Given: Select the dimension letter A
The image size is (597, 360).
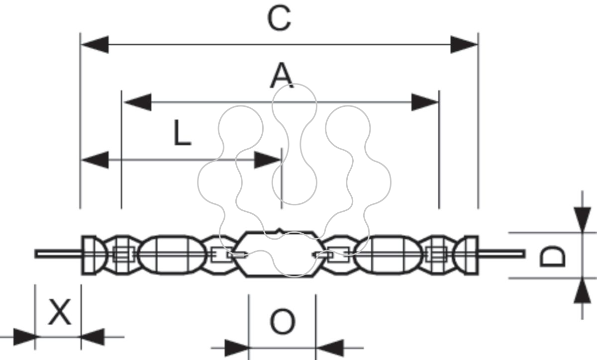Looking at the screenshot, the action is (x=282, y=75).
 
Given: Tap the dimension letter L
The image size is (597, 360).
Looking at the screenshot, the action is (x=182, y=132).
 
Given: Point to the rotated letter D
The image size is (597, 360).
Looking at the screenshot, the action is (x=552, y=256).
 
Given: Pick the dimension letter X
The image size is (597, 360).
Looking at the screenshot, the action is (x=59, y=312).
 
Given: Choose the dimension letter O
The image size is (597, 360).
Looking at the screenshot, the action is (x=283, y=321).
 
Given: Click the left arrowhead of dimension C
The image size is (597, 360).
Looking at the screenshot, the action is (x=95, y=44).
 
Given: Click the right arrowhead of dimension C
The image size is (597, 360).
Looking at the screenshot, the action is (x=464, y=44).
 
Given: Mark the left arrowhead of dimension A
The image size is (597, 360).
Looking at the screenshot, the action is (x=138, y=102).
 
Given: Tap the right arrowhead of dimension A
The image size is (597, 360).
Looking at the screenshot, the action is (x=425, y=102).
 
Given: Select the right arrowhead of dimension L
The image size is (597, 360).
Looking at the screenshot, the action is (x=267, y=160).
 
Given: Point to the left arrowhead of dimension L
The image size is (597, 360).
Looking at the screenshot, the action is (x=95, y=160).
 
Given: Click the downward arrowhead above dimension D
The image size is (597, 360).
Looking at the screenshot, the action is (x=583, y=220).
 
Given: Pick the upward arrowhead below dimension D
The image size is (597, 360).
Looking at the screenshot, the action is (x=583, y=291).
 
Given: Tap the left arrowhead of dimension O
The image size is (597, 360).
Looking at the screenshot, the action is (x=237, y=348).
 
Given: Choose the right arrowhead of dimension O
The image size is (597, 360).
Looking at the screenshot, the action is (x=330, y=348).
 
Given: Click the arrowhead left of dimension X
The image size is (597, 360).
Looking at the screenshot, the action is (x=24, y=337).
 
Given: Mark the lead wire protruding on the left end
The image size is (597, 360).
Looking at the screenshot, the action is (x=58, y=254).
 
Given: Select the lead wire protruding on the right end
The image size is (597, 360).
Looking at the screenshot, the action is (x=501, y=254).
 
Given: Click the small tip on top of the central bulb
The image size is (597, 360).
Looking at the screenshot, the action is (x=279, y=230).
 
